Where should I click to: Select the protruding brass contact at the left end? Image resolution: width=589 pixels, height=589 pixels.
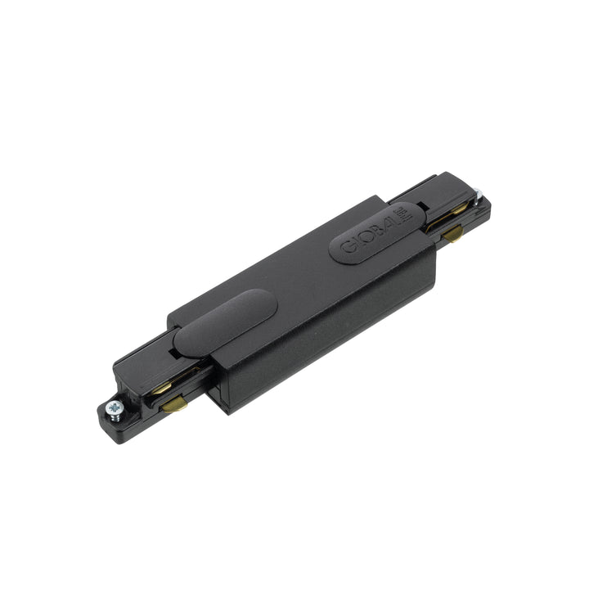(173, 402)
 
